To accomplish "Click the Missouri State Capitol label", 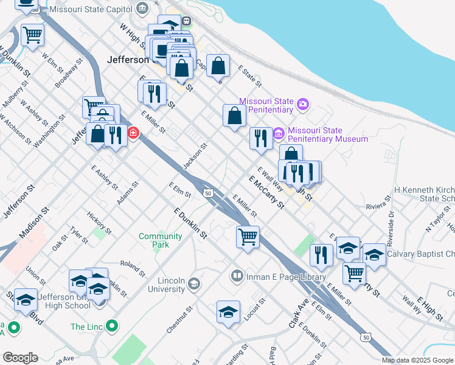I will point(91,9).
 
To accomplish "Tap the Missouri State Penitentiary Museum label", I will point(328,134).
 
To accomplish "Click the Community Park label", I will point(161,240).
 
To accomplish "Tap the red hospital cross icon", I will point(133,132).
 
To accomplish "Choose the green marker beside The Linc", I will point(111,327).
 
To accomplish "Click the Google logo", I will point(19,358).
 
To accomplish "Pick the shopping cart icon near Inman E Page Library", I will point(248,236).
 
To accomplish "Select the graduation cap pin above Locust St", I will point(228,312).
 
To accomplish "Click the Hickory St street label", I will point(99,223).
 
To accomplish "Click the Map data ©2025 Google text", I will point(418,360).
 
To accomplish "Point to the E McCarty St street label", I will point(266,192).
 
